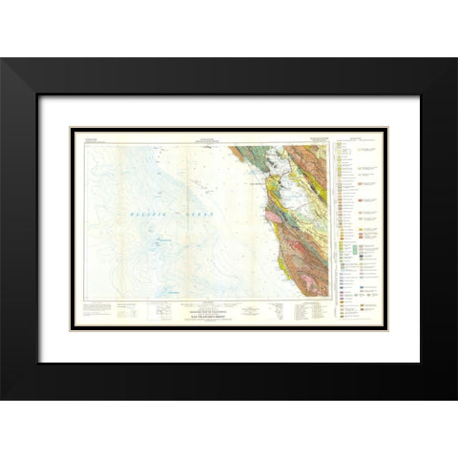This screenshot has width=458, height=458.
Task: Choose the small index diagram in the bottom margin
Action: coord(160,306)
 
